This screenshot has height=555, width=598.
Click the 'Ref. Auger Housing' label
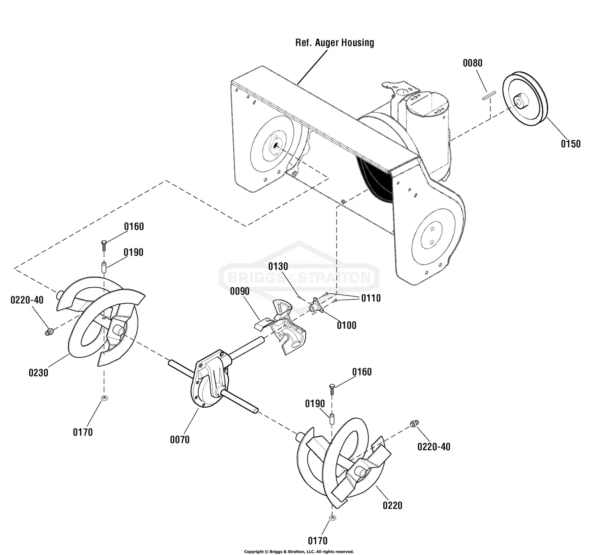coord(334,43)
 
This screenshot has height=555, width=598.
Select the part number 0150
coord(570,144)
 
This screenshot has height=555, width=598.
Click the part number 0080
coord(472,63)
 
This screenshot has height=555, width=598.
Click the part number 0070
coord(179,440)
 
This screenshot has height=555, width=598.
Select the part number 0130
coord(278,266)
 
